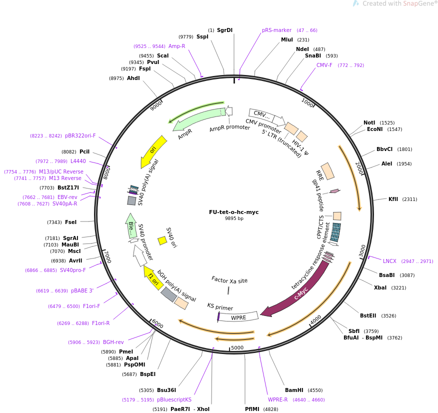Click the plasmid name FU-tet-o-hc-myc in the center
click(234, 212)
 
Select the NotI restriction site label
click(369, 122)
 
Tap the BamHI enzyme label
click(294, 390)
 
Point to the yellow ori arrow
click(153, 151)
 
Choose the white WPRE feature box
click(238, 316)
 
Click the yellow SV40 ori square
click(162, 240)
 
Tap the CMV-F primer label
click(324, 65)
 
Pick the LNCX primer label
click(389, 261)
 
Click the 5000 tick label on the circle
click(237, 347)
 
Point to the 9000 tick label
click(156, 105)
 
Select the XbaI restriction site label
click(380, 287)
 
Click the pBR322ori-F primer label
click(80, 135)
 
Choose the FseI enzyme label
click(70, 222)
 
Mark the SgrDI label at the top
click(224, 30)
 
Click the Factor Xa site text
click(229, 280)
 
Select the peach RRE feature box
click(327, 171)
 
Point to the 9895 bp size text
click(234, 218)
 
